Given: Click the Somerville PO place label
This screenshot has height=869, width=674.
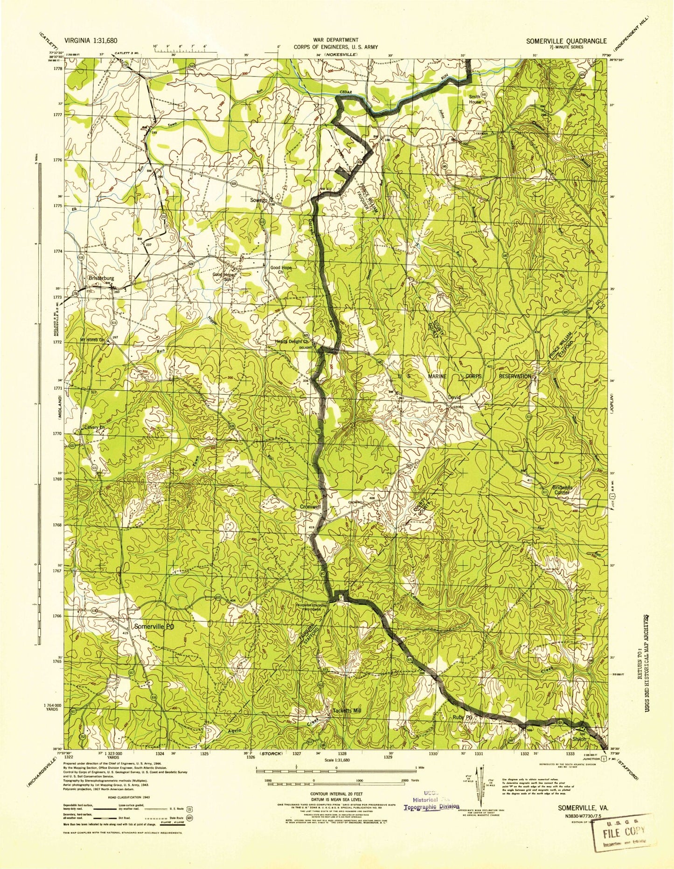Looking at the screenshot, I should pyautogui.click(x=154, y=627).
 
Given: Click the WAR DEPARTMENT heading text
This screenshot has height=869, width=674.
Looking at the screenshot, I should pyautogui.click(x=336, y=41).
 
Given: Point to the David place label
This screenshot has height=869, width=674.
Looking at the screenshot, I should pyautogui.click(x=454, y=397).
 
